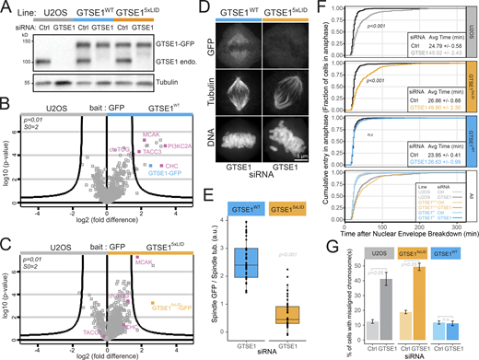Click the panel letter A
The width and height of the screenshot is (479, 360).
pyautogui.click(x=6, y=7)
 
